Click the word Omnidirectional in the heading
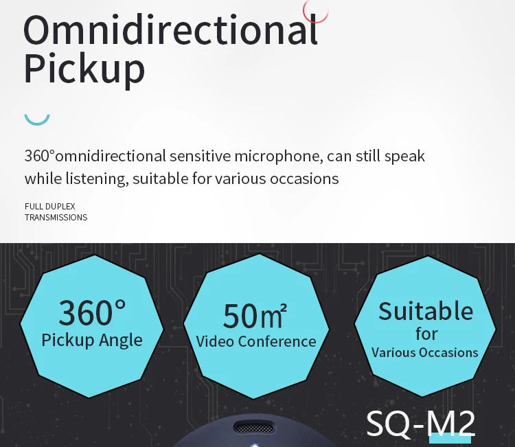[170, 32]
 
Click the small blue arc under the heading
[37, 119]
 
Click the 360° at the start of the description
[39, 156]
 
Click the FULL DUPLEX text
[50, 206]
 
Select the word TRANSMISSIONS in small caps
[56, 217]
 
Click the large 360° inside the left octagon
[92, 312]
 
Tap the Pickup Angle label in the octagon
[92, 340]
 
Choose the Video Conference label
[256, 341]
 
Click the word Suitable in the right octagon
[426, 311]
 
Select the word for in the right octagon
[426, 334]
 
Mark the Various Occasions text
[425, 352]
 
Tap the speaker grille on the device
[257, 428]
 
